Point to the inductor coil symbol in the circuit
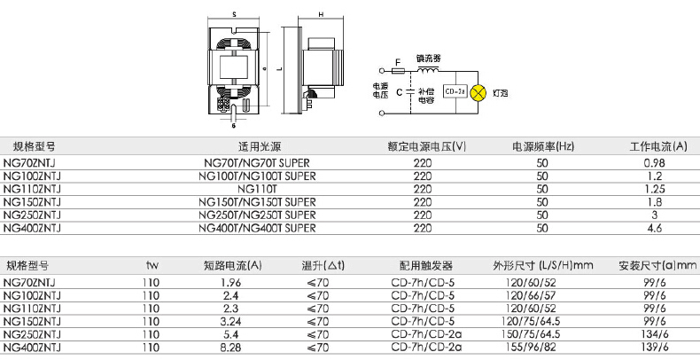point(428,68)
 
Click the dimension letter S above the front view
point(232,15)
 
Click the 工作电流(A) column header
point(658,146)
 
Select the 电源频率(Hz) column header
point(543,146)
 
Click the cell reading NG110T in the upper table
point(258,189)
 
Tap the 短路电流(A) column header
point(232,265)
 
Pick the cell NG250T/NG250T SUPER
point(258,215)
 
